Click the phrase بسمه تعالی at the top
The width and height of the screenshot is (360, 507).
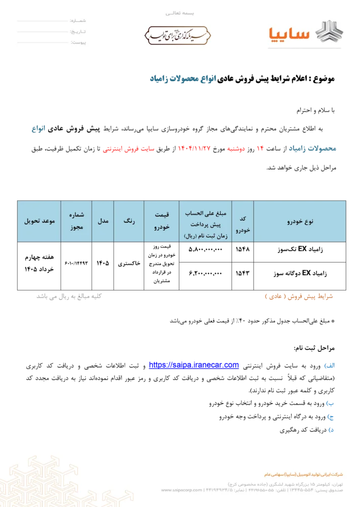(x=180, y=12)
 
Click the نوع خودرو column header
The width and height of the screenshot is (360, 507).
(x=300, y=222)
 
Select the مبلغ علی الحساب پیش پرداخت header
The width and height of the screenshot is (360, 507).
(x=205, y=222)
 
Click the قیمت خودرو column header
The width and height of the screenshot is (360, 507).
(x=161, y=222)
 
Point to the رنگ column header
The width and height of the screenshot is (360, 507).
(x=129, y=222)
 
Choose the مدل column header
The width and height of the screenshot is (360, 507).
(x=103, y=222)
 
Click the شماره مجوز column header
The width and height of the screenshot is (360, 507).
(x=77, y=222)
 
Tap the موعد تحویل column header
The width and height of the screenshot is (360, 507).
(x=39, y=222)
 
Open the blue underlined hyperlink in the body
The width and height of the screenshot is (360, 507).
(x=194, y=365)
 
